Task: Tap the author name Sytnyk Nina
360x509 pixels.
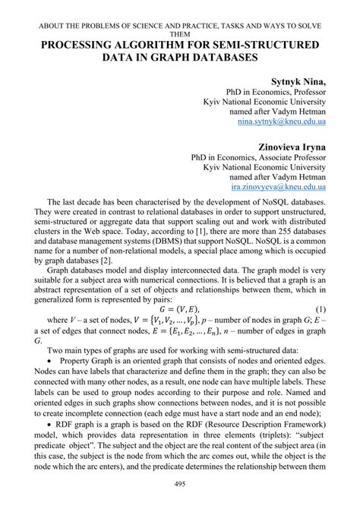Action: pyautogui.click(x=298, y=81)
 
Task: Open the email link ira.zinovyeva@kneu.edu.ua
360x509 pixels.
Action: pyautogui.click(x=278, y=185)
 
